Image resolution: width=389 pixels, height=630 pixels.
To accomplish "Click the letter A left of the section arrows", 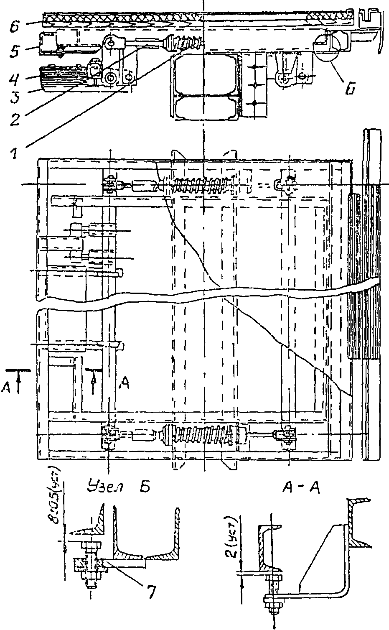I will pyautogui.click(x=6, y=388).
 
